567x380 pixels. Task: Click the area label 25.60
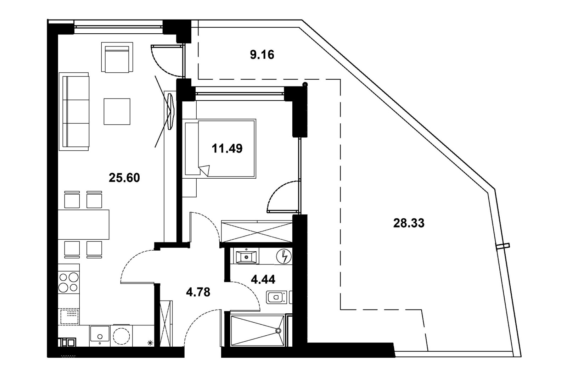[124, 178]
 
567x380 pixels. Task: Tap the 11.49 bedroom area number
[227, 149]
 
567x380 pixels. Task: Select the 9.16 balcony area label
[262, 55]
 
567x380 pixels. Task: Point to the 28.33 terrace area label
[409, 223]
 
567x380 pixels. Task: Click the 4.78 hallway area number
[198, 292]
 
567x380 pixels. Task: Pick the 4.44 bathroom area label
[263, 280]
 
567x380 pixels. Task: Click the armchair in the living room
[117, 57]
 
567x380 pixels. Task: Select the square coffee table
[117, 112]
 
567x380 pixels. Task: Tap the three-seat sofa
[74, 112]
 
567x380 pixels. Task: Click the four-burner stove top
[69, 282]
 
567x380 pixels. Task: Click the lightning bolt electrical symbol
[284, 257]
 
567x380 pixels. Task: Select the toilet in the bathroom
[276, 297]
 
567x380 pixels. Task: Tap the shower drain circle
[279, 331]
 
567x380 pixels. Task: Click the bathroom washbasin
[246, 257]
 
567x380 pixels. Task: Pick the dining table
[84, 224]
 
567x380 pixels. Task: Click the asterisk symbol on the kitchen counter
[150, 343]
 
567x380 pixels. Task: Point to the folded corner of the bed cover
[204, 171]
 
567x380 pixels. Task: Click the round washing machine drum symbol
[121, 336]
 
